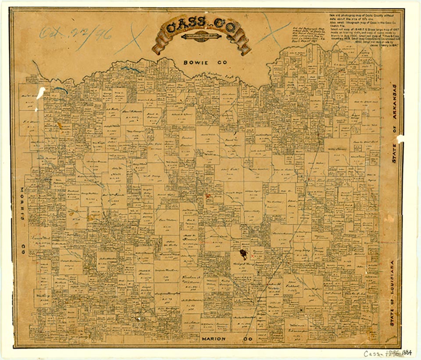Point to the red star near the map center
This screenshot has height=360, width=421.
coord(208,196)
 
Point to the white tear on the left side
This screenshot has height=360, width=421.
coord(41,93)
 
